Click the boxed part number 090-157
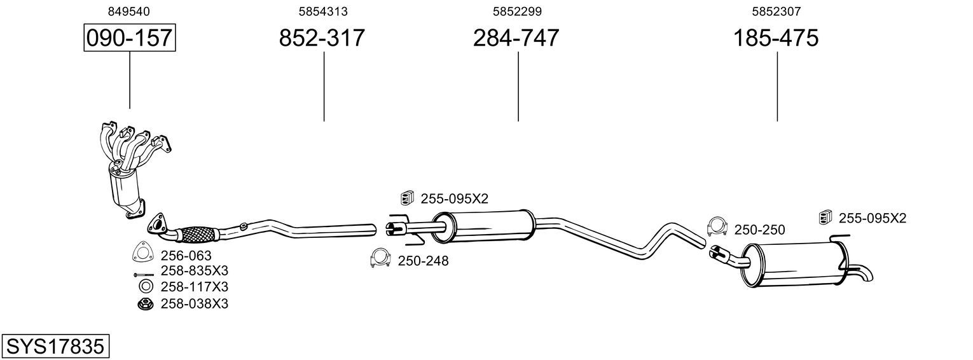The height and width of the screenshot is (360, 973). click(130, 38)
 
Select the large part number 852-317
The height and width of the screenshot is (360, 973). click(322, 38)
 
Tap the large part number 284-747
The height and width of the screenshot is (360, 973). click(516, 38)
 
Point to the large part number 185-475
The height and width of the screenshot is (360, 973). click(776, 38)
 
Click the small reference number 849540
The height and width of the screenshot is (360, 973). click(128, 11)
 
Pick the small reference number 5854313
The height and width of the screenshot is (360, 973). click(322, 11)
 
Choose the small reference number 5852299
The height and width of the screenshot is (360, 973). click(517, 11)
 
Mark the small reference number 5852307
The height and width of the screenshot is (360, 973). click(776, 11)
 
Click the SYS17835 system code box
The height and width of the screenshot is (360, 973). click(55, 346)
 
